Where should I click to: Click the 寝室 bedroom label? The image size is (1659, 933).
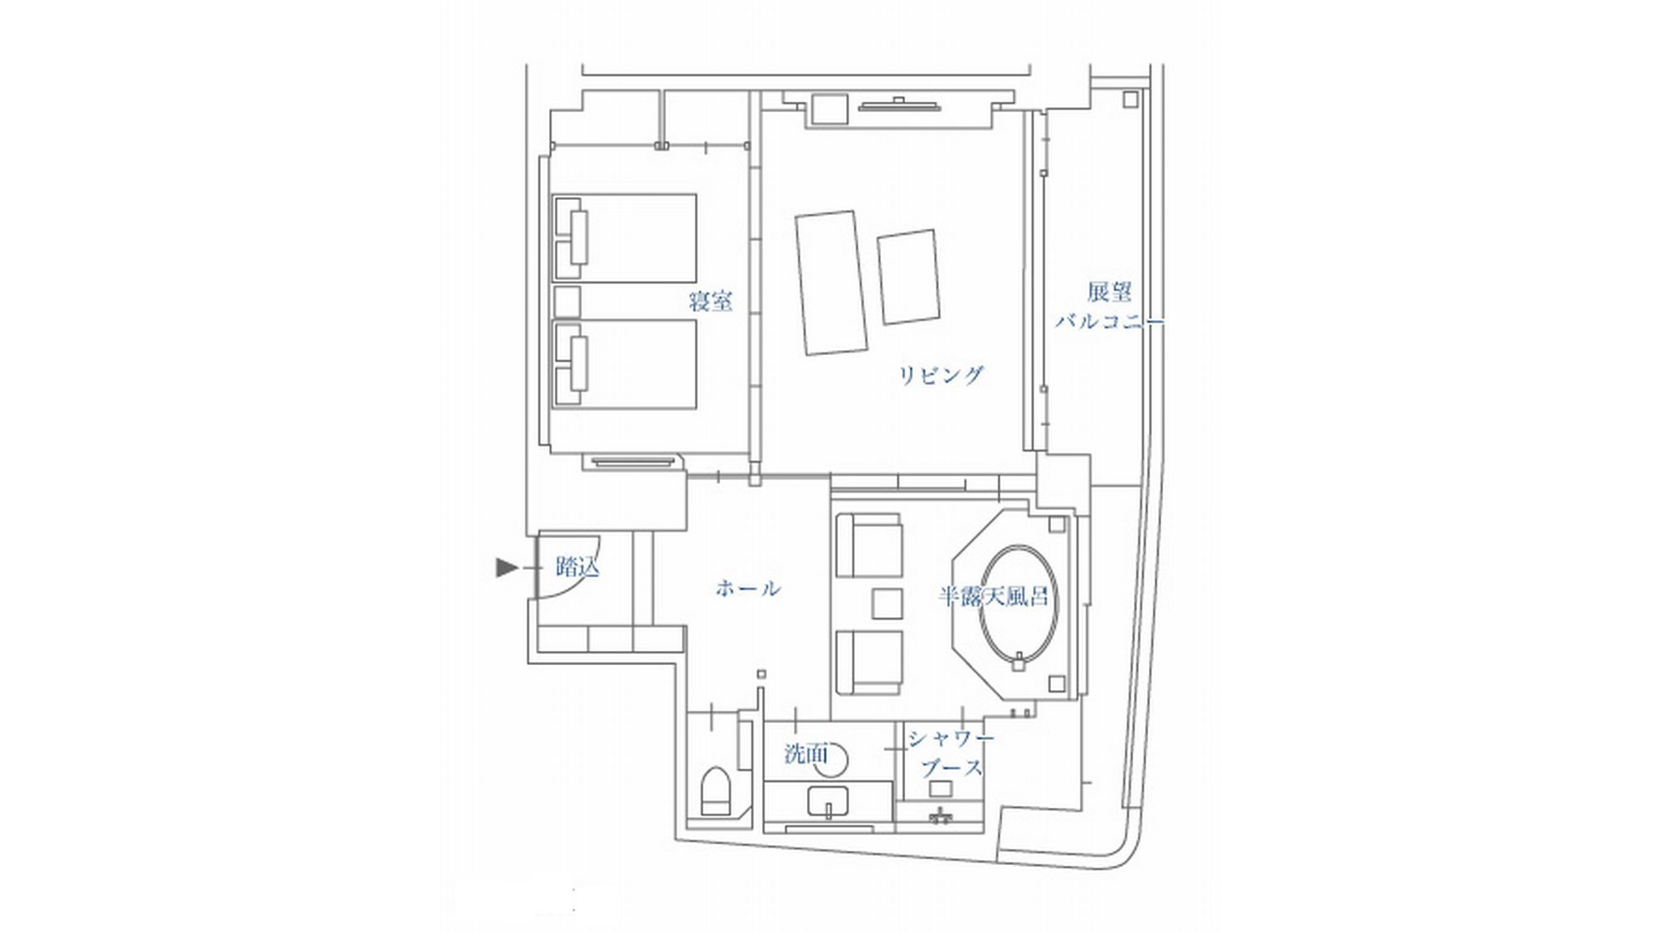click(x=711, y=301)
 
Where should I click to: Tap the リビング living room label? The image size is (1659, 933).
click(x=941, y=376)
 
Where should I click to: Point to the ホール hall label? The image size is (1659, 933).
click(x=747, y=589)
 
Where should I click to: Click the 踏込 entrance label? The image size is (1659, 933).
click(x=577, y=568)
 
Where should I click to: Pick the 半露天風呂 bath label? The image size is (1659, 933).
click(x=993, y=596)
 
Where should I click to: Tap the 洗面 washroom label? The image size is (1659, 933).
click(x=806, y=754)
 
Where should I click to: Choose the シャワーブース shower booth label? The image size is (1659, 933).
click(x=950, y=753)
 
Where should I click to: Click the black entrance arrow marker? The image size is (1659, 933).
click(x=506, y=567)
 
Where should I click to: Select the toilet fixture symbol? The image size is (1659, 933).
click(x=714, y=792)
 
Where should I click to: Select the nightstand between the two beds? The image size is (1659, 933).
click(x=567, y=300)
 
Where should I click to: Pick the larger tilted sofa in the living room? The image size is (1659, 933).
click(x=831, y=283)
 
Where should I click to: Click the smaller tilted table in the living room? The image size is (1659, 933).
click(x=910, y=277)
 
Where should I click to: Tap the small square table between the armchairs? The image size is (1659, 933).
click(x=887, y=603)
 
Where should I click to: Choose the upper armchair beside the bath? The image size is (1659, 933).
click(x=868, y=545)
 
